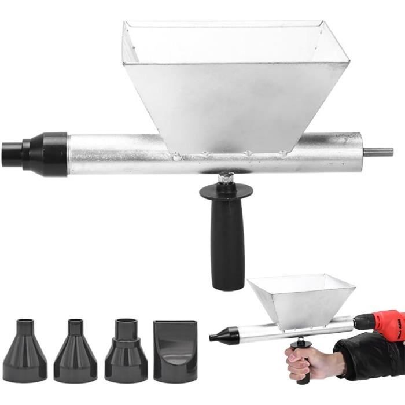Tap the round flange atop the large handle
226,189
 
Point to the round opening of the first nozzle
25,322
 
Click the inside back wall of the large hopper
226,43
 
